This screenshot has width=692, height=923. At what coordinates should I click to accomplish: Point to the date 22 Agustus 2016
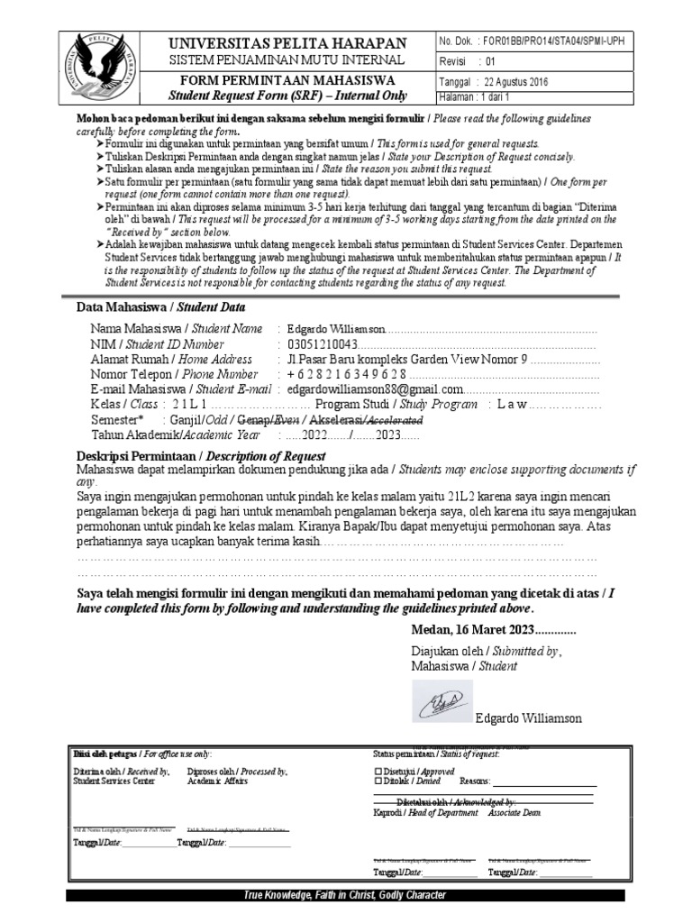point(533,81)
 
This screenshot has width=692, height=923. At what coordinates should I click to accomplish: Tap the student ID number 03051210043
point(323,344)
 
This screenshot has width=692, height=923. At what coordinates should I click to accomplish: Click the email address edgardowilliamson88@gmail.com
point(375,389)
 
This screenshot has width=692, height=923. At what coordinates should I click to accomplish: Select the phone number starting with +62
point(347,374)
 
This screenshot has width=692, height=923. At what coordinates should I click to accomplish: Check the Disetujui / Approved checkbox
point(378,772)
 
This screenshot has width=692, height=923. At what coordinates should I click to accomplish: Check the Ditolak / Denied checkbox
point(378,781)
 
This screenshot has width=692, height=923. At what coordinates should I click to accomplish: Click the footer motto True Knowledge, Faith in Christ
point(346,895)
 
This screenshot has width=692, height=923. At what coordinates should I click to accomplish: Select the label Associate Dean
point(514,812)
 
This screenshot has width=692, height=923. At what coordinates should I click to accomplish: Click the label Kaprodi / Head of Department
point(425,812)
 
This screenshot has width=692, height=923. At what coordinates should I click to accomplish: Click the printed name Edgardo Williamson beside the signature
point(528,718)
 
